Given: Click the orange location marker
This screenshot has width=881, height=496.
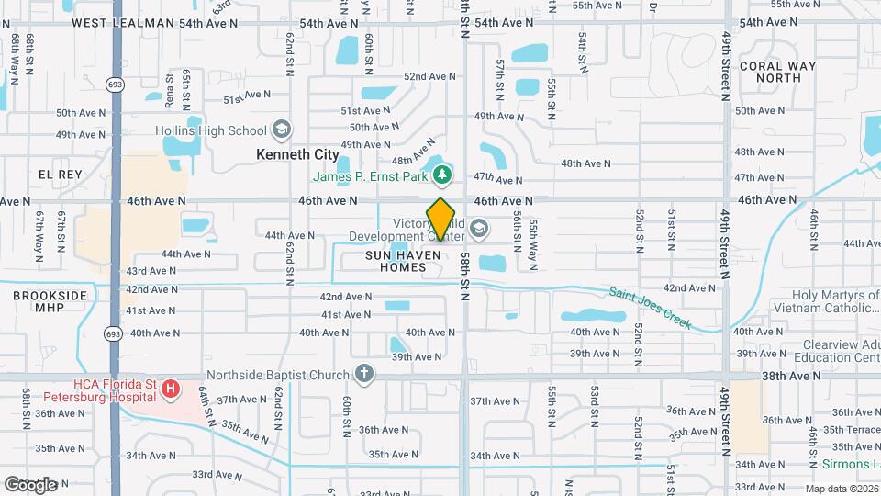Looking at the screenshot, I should coord(441,220).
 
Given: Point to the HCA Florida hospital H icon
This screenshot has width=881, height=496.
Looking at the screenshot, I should coord(169,390).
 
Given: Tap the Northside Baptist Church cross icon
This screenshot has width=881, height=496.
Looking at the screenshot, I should coord(364,374).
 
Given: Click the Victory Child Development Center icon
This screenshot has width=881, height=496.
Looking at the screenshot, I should coord(478,227).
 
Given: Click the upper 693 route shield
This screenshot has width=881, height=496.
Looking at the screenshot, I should coord(115,85).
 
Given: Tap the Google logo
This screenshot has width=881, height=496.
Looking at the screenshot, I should coord(30,484).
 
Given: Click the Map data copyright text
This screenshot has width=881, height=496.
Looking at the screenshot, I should coord(839,489).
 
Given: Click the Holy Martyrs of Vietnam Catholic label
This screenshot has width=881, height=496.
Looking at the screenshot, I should coord(826,302).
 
